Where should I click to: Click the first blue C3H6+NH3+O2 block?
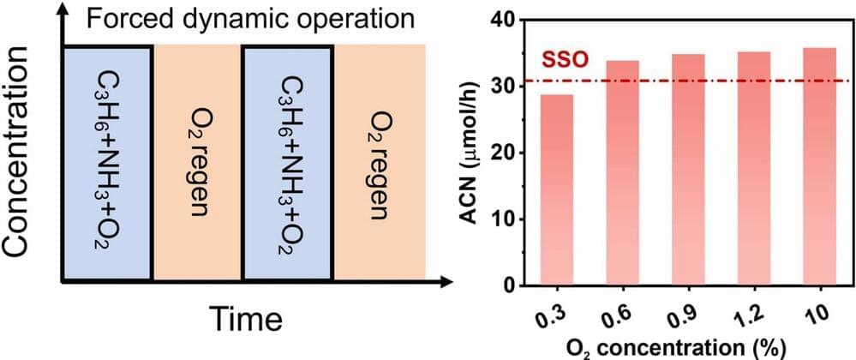pos(108,163)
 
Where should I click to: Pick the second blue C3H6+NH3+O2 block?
pos(288,163)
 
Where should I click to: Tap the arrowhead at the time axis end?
pos(445,281)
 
